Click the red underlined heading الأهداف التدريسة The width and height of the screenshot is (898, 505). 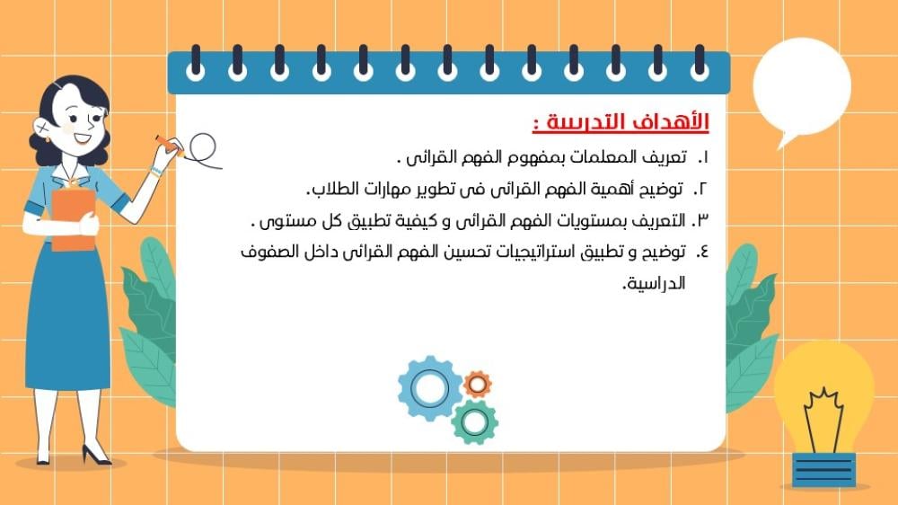[621, 122]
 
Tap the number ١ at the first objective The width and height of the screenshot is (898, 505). [705, 157]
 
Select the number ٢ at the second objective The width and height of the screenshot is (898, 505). [702, 190]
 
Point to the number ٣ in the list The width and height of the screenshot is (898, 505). [701, 221]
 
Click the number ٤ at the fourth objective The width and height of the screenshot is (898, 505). [702, 252]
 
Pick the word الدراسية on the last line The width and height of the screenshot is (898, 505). [654, 284]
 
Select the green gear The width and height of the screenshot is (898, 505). [474, 422]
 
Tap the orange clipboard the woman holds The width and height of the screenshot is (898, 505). [74, 221]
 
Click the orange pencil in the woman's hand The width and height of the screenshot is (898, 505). [169, 146]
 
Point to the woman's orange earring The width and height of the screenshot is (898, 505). [47, 139]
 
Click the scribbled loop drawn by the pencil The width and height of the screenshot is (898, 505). [203, 149]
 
